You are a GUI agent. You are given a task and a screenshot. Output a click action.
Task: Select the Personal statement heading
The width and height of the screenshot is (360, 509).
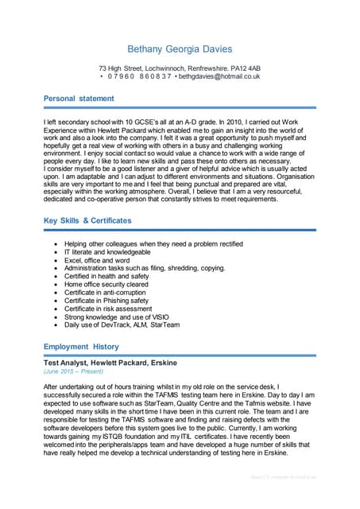click(79, 99)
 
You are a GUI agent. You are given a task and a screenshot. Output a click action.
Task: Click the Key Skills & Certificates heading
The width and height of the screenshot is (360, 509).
click(87, 220)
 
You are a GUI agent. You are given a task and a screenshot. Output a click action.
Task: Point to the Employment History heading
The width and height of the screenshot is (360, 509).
click(81, 347)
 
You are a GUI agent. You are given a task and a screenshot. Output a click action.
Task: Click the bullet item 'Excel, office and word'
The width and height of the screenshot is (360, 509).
click(97, 260)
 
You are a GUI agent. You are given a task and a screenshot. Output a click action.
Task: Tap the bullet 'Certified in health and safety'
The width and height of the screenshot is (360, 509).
click(106, 276)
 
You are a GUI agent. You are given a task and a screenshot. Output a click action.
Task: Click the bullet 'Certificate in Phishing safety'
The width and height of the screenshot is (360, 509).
click(106, 301)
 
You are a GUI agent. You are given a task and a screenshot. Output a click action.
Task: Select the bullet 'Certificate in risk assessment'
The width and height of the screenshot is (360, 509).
click(107, 309)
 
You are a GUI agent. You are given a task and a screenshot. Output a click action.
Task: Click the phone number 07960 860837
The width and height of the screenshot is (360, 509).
click(137, 76)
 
